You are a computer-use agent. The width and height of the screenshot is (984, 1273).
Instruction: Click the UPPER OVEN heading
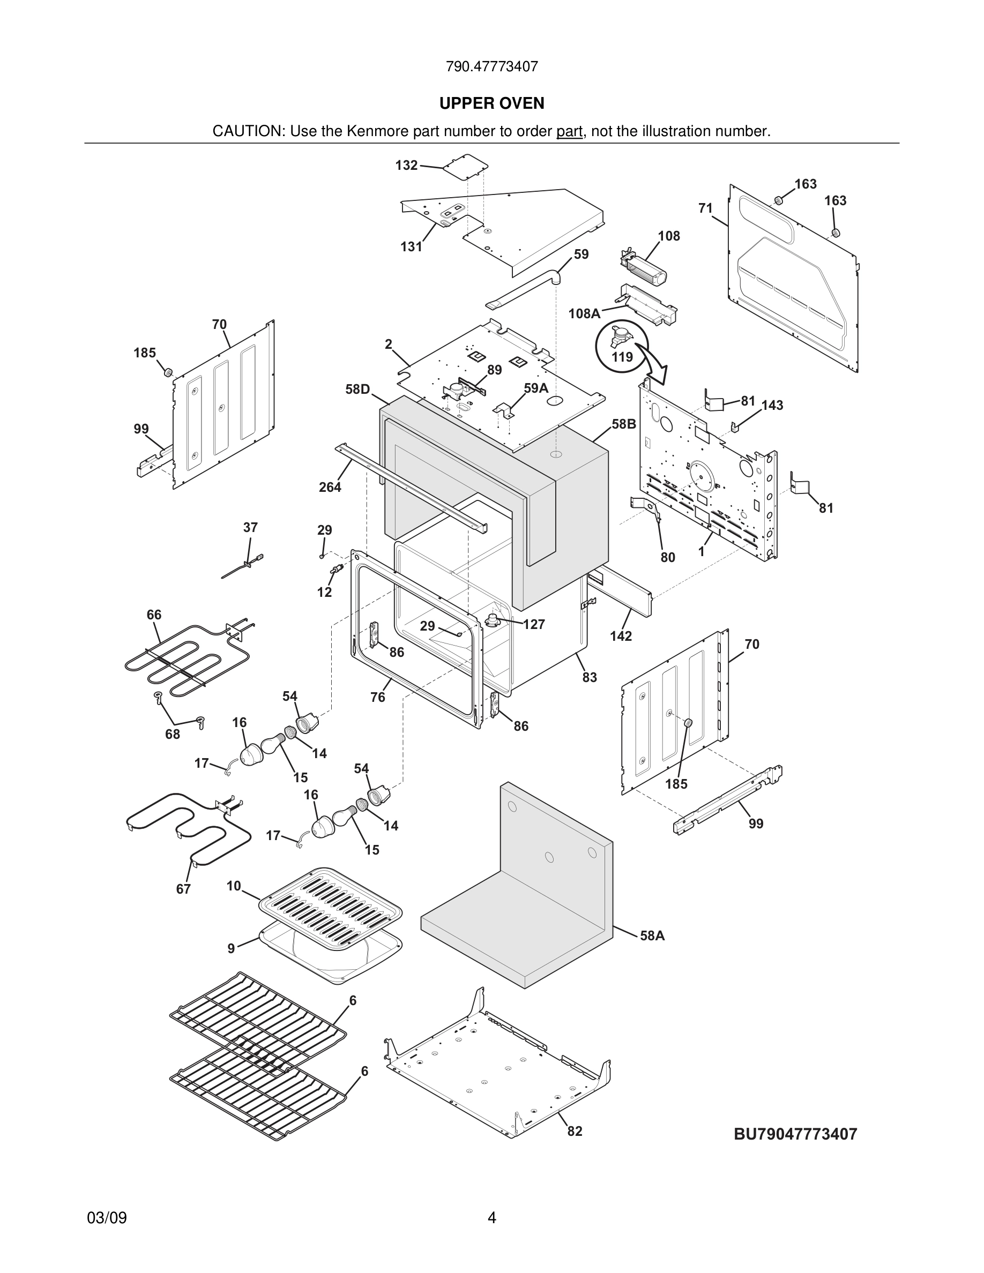tap(491, 103)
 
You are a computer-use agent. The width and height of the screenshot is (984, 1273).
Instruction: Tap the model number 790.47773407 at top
tap(491, 66)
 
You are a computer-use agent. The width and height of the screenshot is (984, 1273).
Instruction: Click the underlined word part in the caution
tap(569, 132)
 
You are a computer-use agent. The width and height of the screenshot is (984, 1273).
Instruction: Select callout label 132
tap(406, 166)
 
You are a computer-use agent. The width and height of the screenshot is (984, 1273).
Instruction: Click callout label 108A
tap(584, 313)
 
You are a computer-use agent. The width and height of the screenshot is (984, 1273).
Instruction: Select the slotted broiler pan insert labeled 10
tap(331, 907)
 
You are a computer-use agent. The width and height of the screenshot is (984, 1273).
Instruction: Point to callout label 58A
tap(652, 935)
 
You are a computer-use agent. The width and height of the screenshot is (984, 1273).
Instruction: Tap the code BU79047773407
tap(795, 1134)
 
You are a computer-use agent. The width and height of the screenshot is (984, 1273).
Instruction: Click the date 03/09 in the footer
tap(107, 1218)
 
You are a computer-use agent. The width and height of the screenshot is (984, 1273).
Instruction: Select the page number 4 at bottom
tap(491, 1218)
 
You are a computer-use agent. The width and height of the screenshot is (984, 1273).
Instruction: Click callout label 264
tap(330, 487)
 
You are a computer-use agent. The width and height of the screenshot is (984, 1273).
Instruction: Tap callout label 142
tap(621, 636)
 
